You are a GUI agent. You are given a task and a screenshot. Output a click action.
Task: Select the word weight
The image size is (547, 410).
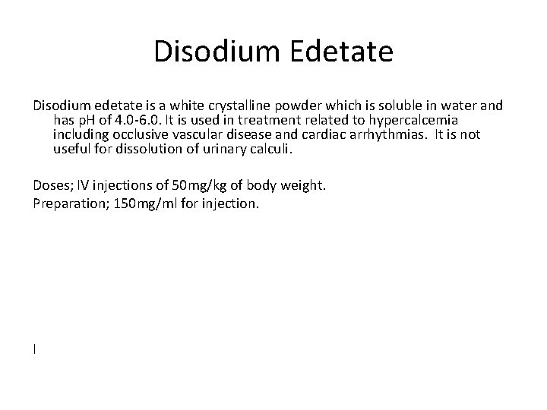pyautogui.click(x=303, y=185)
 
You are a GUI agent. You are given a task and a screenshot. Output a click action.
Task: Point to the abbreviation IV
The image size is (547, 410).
pyautogui.click(x=81, y=185)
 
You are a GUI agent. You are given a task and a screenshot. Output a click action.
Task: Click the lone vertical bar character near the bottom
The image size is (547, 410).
pyautogui.click(x=35, y=348)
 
